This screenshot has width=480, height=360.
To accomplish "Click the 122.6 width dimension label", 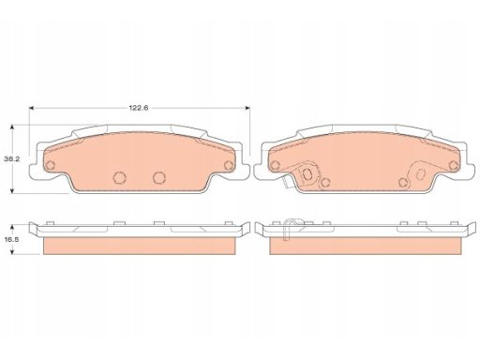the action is click(139, 108).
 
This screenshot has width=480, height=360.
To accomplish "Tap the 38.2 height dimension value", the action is click(12, 159).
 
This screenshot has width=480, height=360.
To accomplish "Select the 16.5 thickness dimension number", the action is click(12, 240).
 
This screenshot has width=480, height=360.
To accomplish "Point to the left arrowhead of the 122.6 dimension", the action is click(31, 108).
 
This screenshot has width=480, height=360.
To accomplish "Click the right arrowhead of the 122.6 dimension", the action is click(247, 108).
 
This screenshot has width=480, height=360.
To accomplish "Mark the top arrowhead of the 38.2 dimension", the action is click(12, 127).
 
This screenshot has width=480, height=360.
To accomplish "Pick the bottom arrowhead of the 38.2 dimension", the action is click(12, 190).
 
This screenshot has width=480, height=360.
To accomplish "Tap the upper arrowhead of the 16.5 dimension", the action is click(12, 227).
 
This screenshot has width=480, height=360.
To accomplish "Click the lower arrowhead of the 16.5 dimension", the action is click(12, 251).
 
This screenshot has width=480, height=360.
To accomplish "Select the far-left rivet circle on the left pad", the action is click(50, 165).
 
